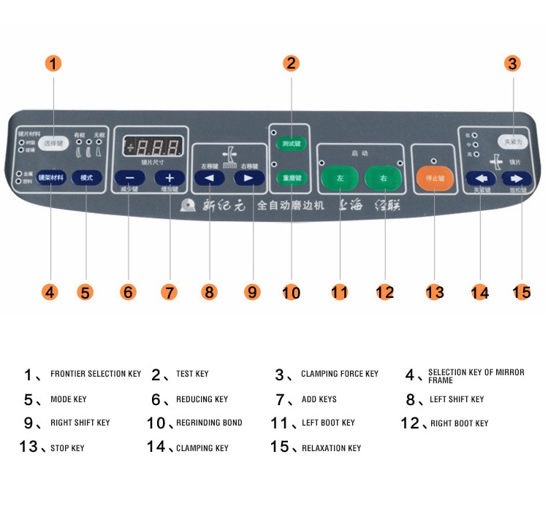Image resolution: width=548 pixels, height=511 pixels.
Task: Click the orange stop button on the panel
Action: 435,177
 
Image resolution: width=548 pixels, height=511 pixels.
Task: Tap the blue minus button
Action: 129,177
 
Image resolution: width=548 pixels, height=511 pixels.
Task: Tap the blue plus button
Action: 170,177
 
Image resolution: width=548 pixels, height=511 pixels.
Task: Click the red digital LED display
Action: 152,145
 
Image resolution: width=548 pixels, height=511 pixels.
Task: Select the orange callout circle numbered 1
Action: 54,64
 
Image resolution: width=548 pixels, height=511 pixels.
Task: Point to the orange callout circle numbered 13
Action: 435,292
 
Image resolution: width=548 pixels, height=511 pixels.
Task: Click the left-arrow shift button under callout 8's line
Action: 210,177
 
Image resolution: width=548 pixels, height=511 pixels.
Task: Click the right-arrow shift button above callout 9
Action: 248,177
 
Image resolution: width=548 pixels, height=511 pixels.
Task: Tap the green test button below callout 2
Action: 292,144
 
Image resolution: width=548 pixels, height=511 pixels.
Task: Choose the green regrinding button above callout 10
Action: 292,177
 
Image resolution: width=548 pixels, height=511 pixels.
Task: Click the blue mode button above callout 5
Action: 87,177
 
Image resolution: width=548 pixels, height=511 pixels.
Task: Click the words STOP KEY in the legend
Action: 66,447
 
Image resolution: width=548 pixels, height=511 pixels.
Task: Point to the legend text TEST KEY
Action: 192,374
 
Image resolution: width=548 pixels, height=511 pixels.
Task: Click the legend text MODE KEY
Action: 68,399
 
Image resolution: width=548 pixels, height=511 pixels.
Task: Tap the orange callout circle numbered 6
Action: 129,292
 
